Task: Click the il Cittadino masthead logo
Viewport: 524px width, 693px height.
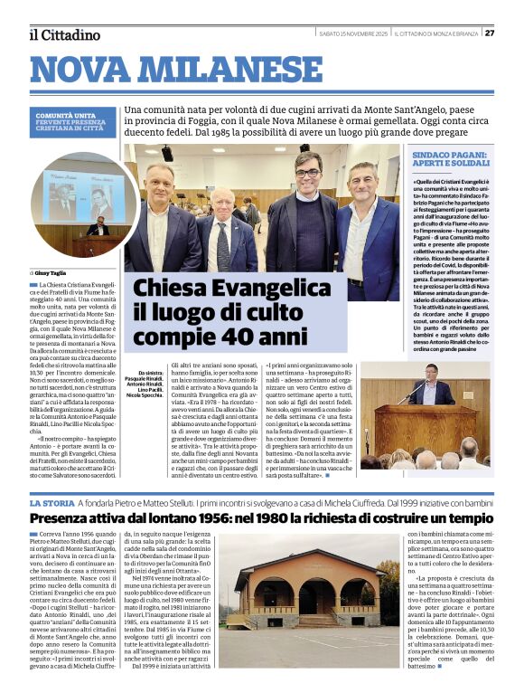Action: [x=63, y=34]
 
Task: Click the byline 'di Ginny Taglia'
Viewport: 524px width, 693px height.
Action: [x=49, y=271]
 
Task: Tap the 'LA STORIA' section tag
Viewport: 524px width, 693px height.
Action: [x=51, y=502]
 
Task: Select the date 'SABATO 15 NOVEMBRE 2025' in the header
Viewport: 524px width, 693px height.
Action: [x=353, y=33]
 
